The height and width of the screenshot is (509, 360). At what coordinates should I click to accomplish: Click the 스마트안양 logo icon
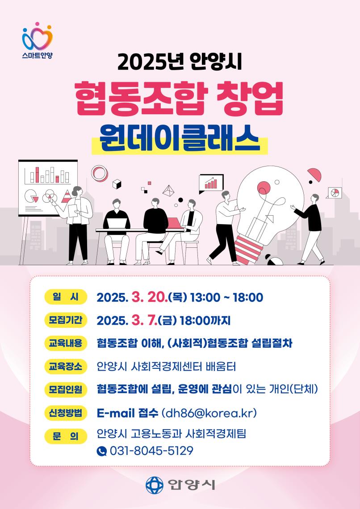click(38, 36)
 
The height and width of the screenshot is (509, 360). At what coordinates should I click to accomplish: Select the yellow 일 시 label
click(66, 297)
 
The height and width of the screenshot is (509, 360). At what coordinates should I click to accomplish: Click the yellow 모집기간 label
click(66, 320)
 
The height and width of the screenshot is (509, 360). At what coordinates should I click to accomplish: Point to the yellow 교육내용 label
click(66, 343)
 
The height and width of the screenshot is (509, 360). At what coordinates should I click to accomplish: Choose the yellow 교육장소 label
click(66, 367)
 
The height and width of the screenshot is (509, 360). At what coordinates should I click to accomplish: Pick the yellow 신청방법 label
click(66, 413)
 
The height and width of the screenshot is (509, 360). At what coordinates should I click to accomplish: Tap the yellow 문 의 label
click(66, 436)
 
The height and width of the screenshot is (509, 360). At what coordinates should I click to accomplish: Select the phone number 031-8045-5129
click(151, 451)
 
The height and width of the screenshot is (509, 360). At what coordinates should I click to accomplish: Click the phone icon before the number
click(101, 451)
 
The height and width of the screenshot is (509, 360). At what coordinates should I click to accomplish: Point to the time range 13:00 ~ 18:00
click(226, 297)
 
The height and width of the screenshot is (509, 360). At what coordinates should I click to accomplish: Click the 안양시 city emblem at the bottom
click(154, 485)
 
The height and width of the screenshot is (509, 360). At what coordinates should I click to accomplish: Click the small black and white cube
click(117, 184)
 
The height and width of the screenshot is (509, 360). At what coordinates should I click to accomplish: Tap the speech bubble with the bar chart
click(211, 183)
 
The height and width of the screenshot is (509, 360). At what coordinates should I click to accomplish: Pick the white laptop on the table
click(117, 224)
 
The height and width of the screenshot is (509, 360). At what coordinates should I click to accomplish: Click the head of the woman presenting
click(77, 191)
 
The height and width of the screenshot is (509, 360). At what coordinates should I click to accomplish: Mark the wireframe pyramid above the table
click(168, 191)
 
